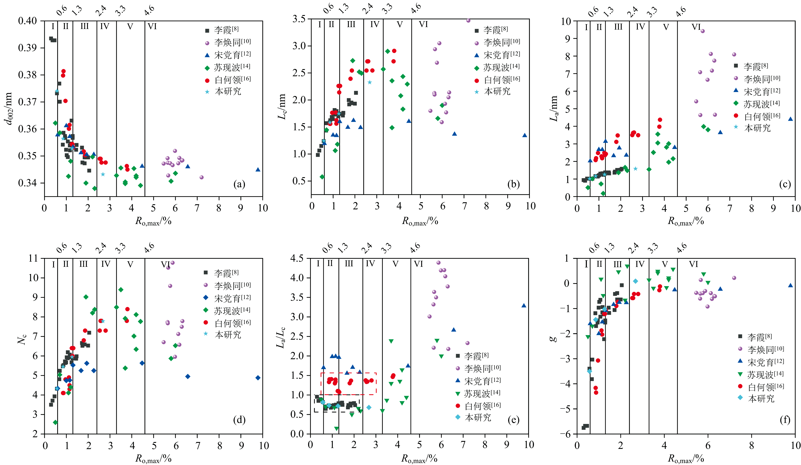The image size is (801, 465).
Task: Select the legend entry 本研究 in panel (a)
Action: [x=228, y=92]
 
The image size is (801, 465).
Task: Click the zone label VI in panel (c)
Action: [x=696, y=27]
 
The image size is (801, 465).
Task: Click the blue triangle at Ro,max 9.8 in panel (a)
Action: [x=258, y=169]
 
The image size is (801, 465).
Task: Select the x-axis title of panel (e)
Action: [x=419, y=459]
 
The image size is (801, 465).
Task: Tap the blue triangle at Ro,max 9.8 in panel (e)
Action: [x=524, y=305]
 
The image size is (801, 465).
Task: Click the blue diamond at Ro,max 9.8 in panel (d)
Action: [x=258, y=378]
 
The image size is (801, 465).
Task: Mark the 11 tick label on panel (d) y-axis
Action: [x=33, y=258]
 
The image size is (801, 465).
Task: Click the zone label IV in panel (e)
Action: [x=370, y=264]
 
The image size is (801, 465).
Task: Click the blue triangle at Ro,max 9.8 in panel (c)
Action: [x=790, y=119]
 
